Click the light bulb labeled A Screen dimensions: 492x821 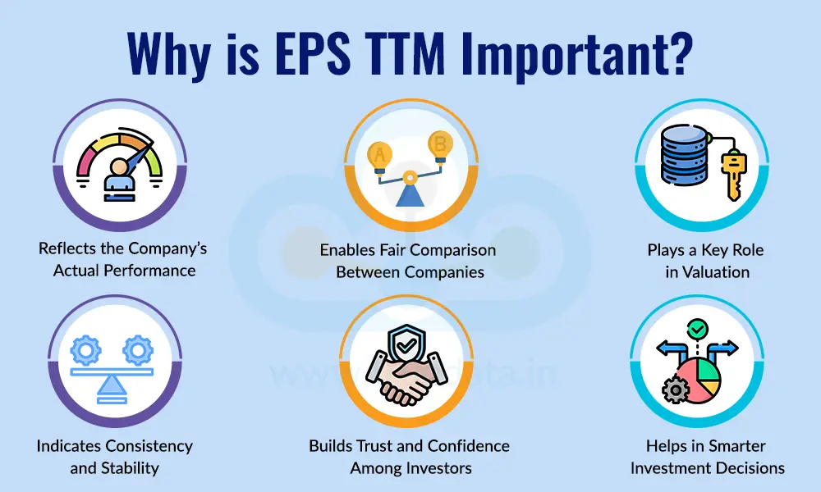click(379, 156)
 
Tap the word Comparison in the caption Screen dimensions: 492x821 click(450, 249)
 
